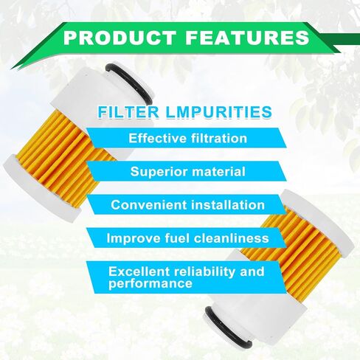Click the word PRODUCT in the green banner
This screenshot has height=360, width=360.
(120, 38)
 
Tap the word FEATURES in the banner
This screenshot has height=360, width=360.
(247, 38)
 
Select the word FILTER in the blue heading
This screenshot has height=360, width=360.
(128, 112)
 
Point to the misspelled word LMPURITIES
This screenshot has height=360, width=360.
(219, 112)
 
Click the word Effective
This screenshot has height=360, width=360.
(157, 138)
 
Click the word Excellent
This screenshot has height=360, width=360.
(139, 271)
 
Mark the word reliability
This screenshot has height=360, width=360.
(204, 272)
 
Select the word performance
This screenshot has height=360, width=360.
(150, 283)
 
